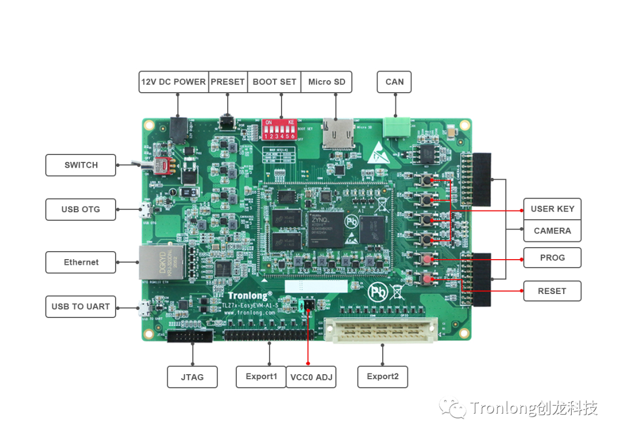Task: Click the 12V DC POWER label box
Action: [x=173, y=82]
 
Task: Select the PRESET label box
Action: [x=228, y=82]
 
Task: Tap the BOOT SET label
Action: [x=274, y=82]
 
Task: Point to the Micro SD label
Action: [x=327, y=82]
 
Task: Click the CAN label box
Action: [x=394, y=82]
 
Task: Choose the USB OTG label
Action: [x=81, y=209]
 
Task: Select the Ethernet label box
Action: [x=81, y=262]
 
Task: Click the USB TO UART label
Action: [x=81, y=307]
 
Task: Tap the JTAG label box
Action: [x=192, y=377]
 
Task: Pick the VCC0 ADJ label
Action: [x=311, y=377]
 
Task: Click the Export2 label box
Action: [x=383, y=377]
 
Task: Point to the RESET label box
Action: [x=552, y=291]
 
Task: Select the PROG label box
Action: [x=552, y=258]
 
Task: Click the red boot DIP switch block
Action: [x=279, y=129]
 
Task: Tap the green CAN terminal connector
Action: [x=395, y=126]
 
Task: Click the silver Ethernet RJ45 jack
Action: [x=154, y=261]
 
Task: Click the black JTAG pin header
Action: [x=189, y=336]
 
